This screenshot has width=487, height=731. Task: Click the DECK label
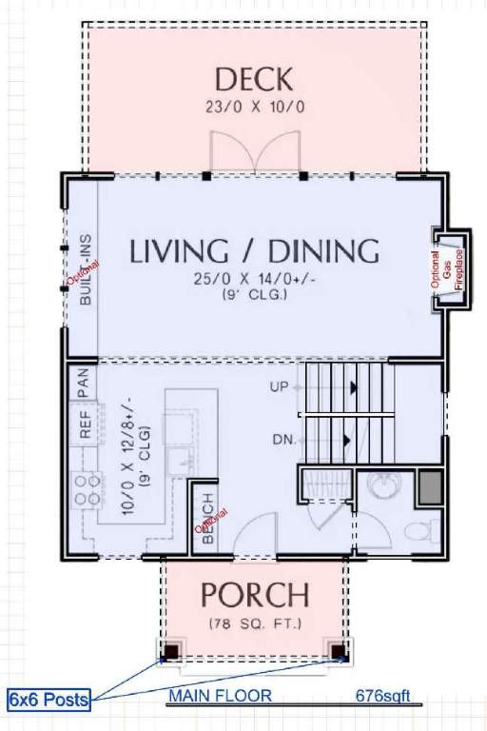[254, 79]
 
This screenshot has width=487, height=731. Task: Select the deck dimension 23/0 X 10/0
[255, 107]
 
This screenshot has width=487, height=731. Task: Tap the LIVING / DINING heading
[254, 251]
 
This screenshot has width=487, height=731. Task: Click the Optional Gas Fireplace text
[447, 269]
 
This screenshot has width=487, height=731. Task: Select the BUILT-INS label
[86, 269]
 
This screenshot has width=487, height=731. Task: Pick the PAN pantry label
[83, 383]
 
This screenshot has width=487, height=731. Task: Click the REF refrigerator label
[85, 425]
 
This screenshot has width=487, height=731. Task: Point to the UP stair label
[279, 386]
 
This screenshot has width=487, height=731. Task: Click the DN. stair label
[284, 440]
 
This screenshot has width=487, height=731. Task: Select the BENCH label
[208, 519]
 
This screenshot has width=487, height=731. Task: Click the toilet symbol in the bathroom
[420, 531]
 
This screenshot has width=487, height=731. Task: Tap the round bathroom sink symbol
[383, 484]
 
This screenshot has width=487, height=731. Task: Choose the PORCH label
[255, 595]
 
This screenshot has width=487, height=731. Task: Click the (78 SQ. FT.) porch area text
[255, 623]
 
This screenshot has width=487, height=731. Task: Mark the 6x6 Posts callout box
[49, 700]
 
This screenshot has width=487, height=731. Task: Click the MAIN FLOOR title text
[220, 696]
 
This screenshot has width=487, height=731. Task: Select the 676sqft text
[383, 696]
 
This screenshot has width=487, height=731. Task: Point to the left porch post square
[171, 650]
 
